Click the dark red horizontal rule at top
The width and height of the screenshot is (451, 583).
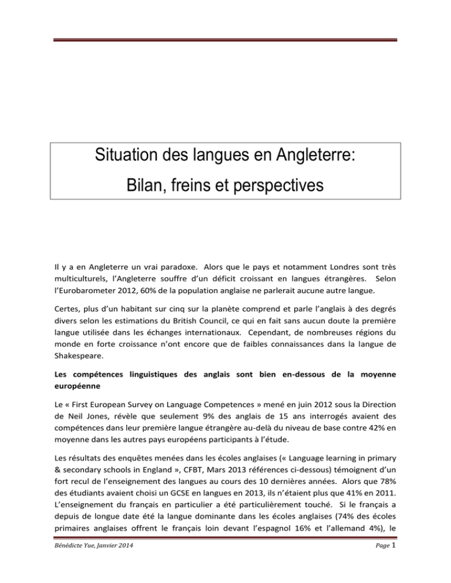[225, 39]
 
